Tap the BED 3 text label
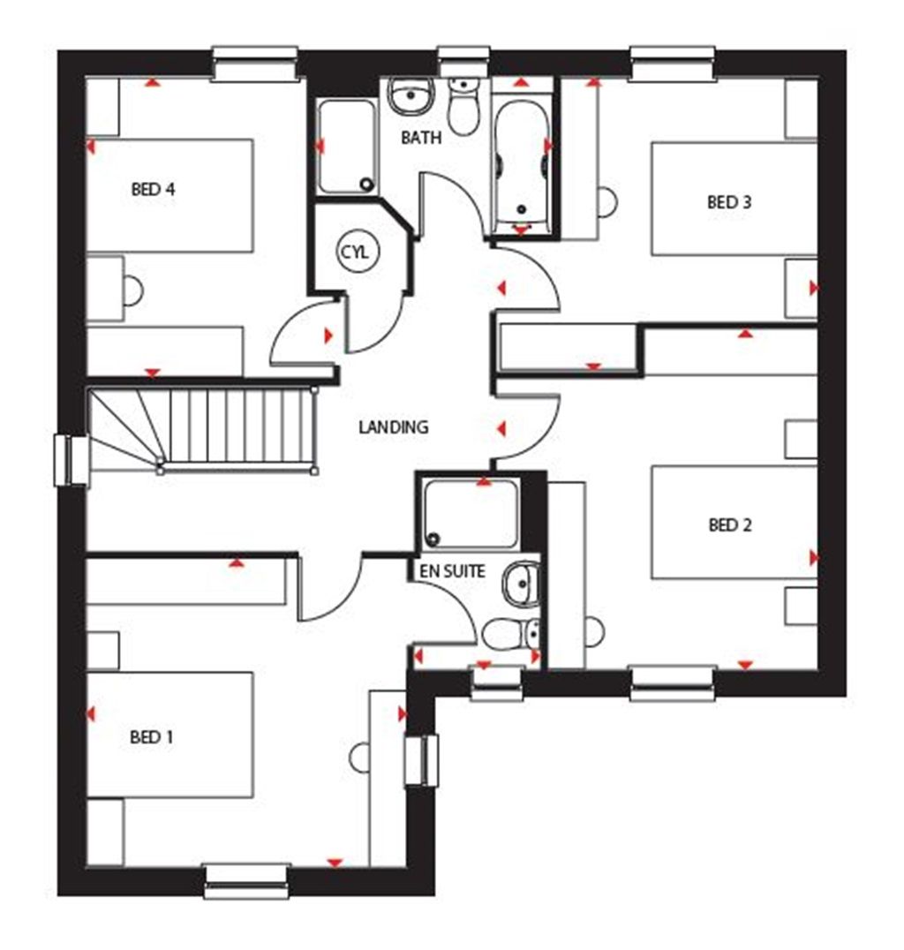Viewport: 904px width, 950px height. [728, 202]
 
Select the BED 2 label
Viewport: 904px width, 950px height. [729, 525]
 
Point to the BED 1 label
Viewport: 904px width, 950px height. [151, 737]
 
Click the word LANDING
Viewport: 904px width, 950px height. [393, 427]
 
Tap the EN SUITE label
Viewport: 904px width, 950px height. [451, 571]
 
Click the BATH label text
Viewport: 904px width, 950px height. [421, 138]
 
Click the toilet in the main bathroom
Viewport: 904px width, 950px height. [462, 105]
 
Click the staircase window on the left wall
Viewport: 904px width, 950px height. [71, 460]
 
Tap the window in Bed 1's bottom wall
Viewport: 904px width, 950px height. [247, 880]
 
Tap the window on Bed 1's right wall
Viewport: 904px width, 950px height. [421, 760]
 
